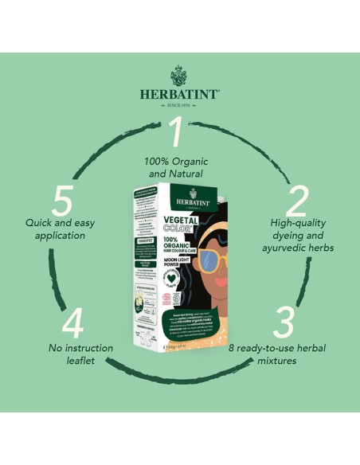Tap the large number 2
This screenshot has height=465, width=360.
pyautogui.click(x=296, y=204)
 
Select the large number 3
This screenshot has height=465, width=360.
pyautogui.click(x=284, y=322)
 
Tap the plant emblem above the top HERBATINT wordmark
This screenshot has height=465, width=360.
pyautogui.click(x=179, y=75)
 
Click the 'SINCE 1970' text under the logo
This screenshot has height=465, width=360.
pyautogui.click(x=179, y=104)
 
